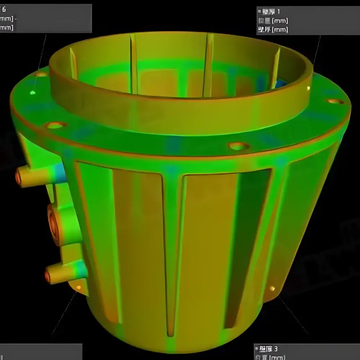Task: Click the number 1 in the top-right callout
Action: pos(278,12)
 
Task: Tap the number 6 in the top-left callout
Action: pos(4,9)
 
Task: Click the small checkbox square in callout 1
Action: pos(260,12)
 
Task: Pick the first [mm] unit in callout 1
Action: pos(280,21)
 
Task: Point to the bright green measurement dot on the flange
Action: pos(33,93)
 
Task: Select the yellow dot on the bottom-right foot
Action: pos(272,288)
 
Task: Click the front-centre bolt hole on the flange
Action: pos(239,146)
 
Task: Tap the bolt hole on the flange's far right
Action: pos(336,102)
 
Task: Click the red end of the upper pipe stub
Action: pos(17,176)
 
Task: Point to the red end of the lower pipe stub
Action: pos(47,276)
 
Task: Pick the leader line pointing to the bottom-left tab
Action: pos(65,313)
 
